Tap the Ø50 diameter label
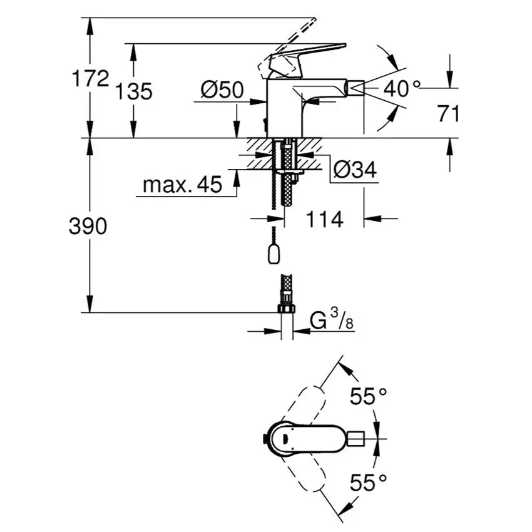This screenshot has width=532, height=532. (x=222, y=90)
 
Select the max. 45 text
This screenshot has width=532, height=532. (x=182, y=185)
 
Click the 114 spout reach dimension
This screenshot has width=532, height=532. (x=324, y=219)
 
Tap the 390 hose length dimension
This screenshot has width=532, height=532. (x=88, y=227)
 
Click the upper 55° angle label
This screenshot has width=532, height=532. (x=368, y=396)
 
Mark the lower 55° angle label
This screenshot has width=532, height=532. (x=368, y=482)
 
